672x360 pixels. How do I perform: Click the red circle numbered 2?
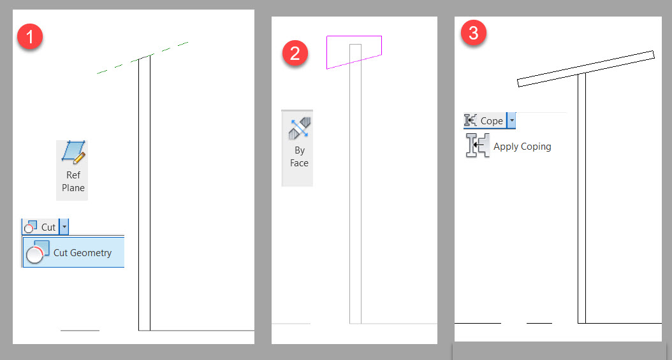pos(295,54)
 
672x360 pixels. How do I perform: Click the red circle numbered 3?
pos(474,33)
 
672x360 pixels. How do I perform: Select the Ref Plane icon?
pos(73,153)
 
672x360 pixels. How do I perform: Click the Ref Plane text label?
pos(73,182)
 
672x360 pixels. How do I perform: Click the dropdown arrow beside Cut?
pos(64,227)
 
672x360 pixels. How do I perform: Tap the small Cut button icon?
pos(31,227)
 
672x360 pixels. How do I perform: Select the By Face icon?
pos(298,129)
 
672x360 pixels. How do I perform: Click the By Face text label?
pos(299,157)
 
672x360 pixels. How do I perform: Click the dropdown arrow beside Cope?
pos(512,121)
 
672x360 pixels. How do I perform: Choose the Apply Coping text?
pos(522,147)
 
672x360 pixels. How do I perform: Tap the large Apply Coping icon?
pos(478,146)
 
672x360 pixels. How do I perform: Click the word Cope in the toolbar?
pos(492,121)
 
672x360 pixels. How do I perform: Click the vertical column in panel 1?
pos(144,191)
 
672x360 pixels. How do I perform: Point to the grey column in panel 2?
pos(355,191)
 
